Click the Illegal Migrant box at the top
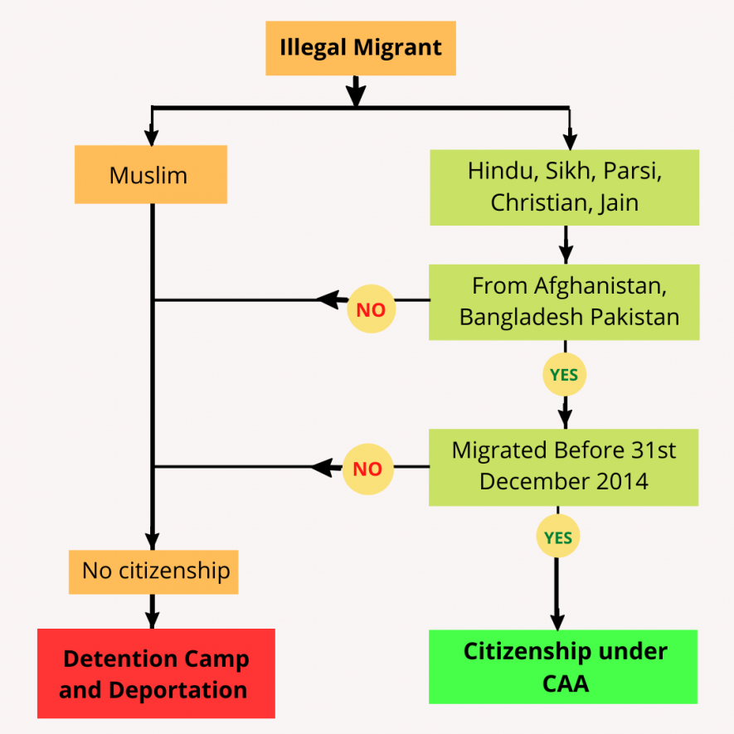point(361,48)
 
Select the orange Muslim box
point(150,175)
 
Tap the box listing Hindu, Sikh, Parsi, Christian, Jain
point(564,187)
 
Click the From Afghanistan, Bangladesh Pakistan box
point(564,302)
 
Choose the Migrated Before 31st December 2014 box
point(564,466)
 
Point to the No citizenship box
point(153,571)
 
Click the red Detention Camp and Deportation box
point(156,673)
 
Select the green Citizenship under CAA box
point(563,667)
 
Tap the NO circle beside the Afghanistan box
point(371,310)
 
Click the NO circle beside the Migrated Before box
point(367,469)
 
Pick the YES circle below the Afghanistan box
point(564,376)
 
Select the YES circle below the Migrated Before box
point(557,538)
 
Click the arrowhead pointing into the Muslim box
point(151,137)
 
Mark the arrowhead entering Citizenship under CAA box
point(557,621)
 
